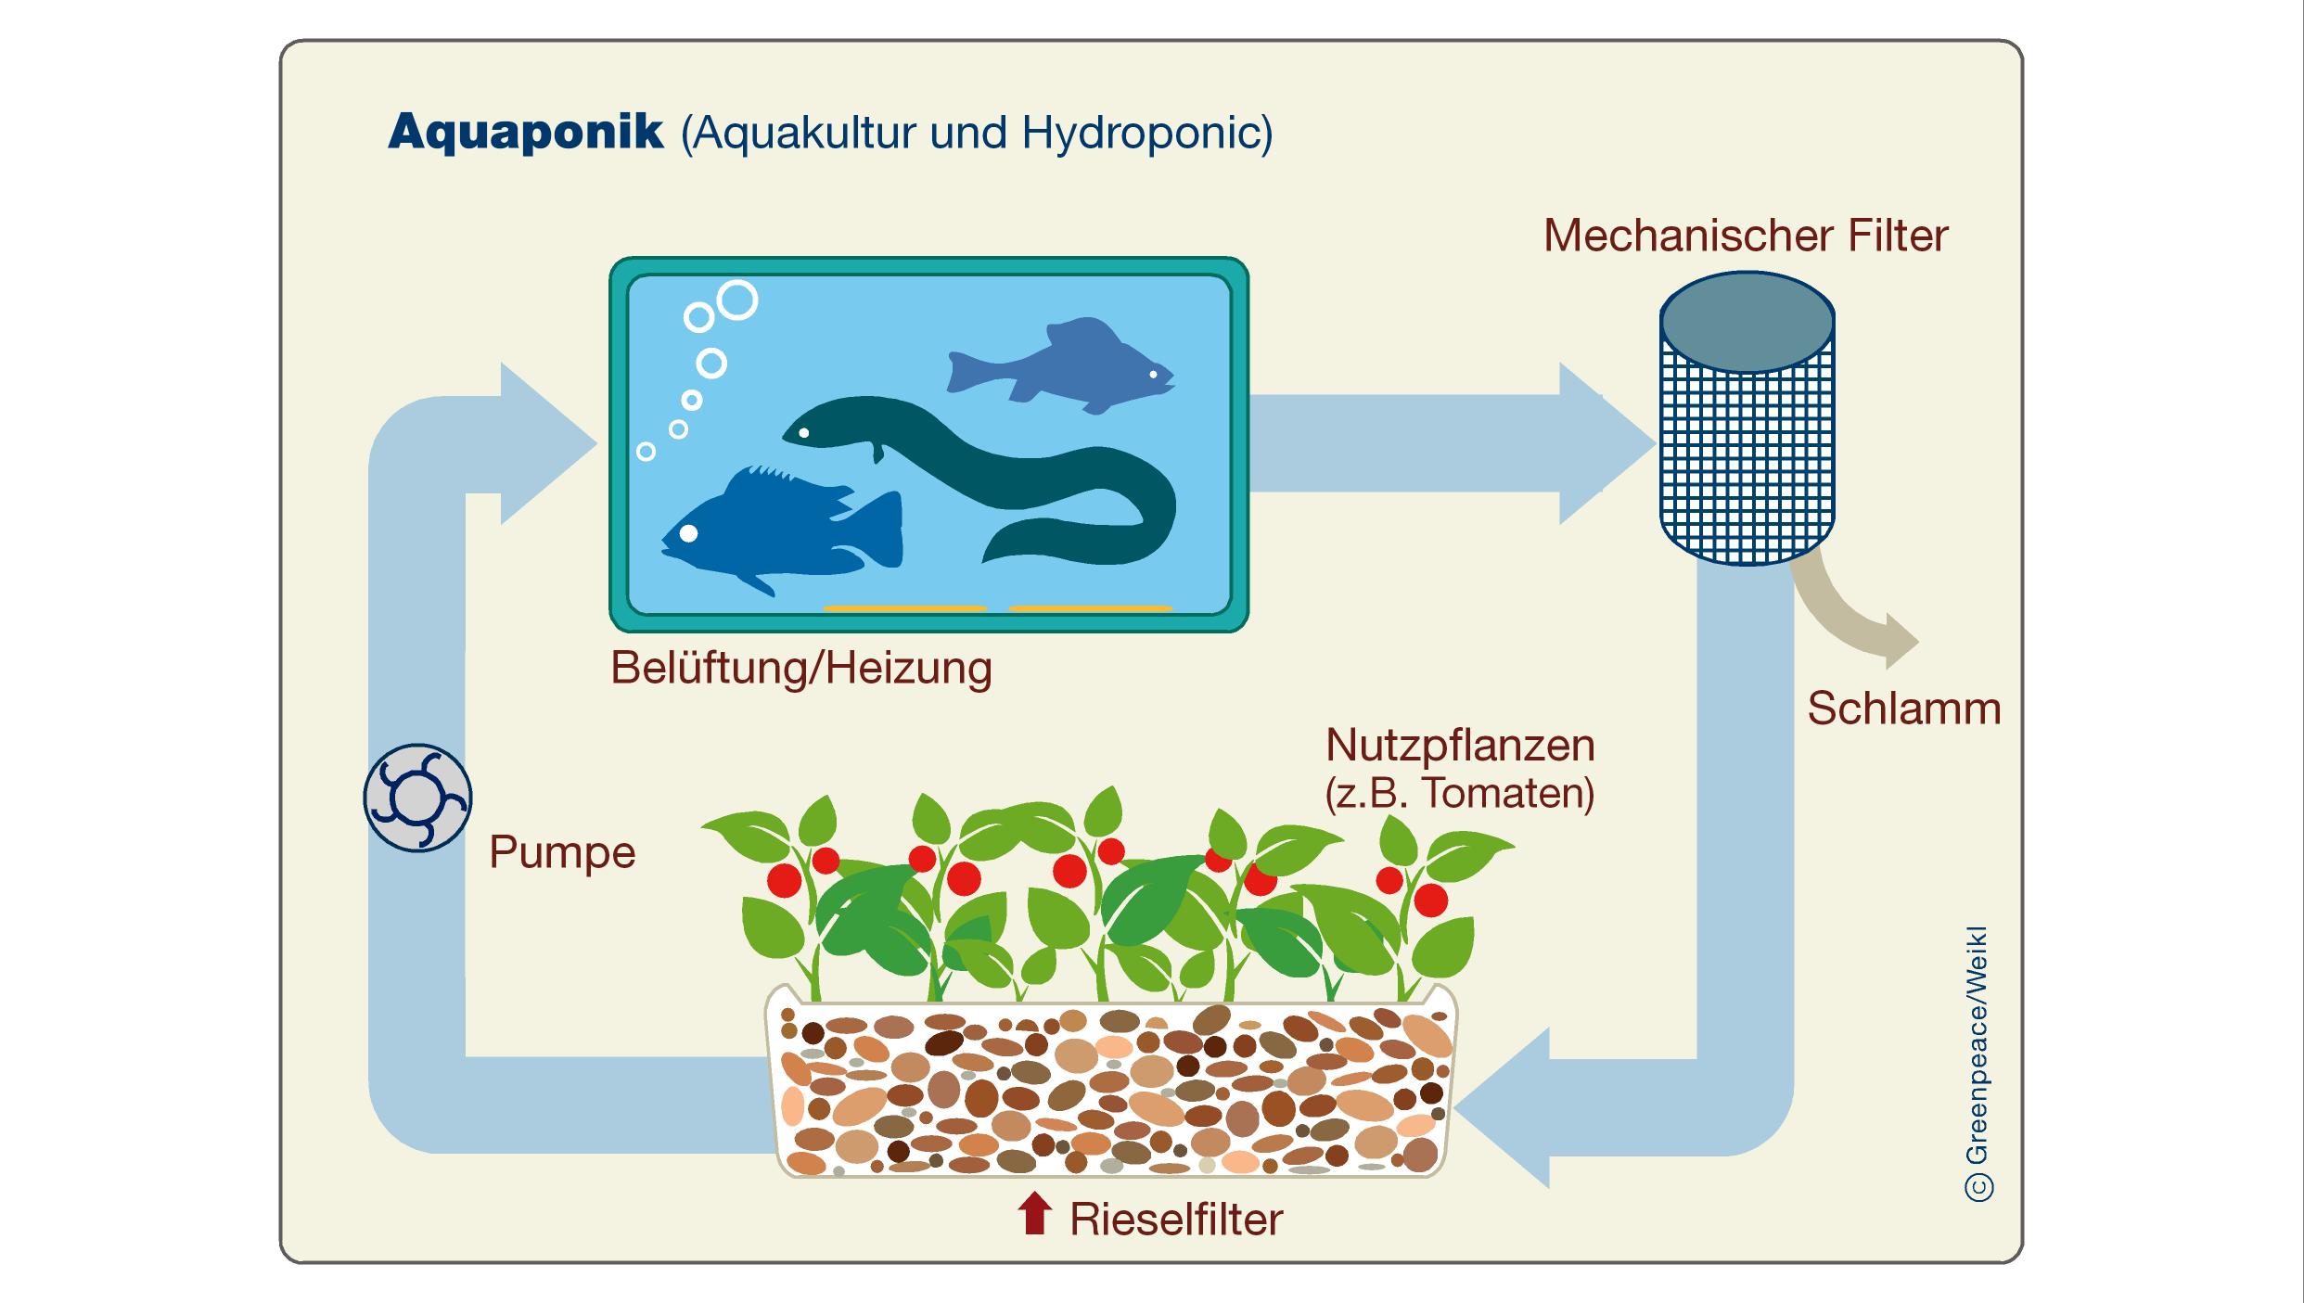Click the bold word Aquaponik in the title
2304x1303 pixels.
coord(526,133)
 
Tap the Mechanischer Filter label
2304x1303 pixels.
coord(1745,236)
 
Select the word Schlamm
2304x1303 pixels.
coord(1903,709)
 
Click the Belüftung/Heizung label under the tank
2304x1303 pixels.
coord(801,668)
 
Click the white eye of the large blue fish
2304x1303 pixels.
coord(688,533)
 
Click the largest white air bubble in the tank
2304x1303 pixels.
coord(737,300)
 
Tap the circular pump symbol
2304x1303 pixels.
coord(417,798)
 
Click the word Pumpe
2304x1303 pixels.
coord(562,852)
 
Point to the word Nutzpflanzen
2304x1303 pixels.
coord(1460,746)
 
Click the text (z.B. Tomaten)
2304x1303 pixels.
coord(1460,794)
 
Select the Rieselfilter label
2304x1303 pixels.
coord(1176,1220)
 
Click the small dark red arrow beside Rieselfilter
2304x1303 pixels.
coord(1034,1214)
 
